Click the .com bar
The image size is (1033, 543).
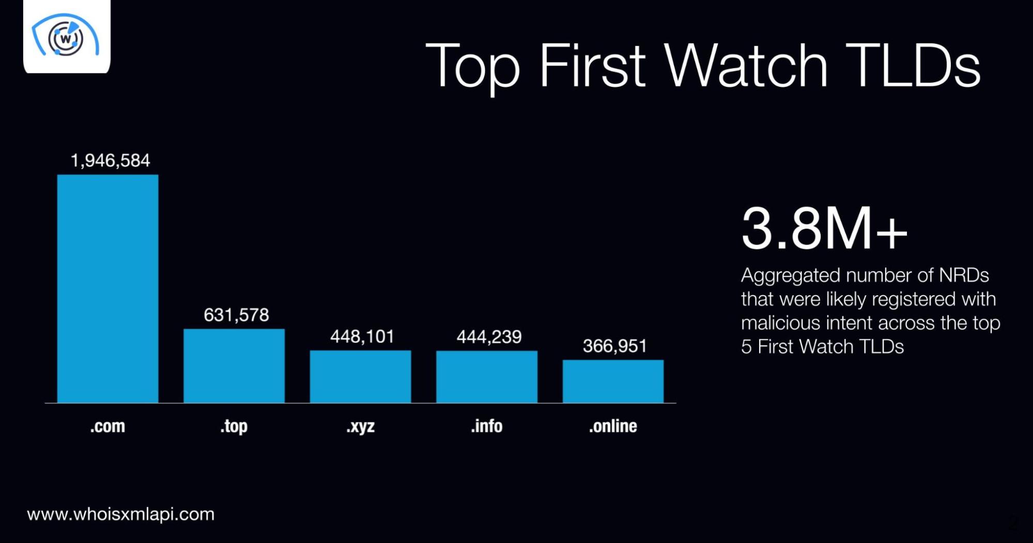pyautogui.click(x=107, y=289)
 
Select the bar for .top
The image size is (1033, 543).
pyautogui.click(x=234, y=366)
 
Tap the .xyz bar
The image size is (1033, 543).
pyautogui.click(x=360, y=376)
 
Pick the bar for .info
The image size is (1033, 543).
pyautogui.click(x=487, y=377)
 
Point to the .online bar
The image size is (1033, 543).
pyautogui.click(x=613, y=381)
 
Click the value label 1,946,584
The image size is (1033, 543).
pyautogui.click(x=110, y=161)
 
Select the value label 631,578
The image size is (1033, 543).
pyautogui.click(x=236, y=315)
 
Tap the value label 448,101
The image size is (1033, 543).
pyautogui.click(x=362, y=337)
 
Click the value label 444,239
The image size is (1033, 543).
pyautogui.click(x=489, y=337)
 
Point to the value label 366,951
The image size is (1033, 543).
pyautogui.click(x=615, y=346)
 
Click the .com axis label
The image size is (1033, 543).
pyautogui.click(x=107, y=426)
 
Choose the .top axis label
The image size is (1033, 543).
pyautogui.click(x=234, y=427)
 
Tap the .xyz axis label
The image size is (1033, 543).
pyautogui.click(x=361, y=427)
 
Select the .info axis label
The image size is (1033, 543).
pyautogui.click(x=487, y=426)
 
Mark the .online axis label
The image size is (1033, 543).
pyautogui.click(x=613, y=426)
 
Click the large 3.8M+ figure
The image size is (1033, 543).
pyautogui.click(x=824, y=228)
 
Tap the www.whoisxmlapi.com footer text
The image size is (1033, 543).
pyautogui.click(x=121, y=514)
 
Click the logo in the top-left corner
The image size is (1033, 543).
pyautogui.click(x=67, y=36)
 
